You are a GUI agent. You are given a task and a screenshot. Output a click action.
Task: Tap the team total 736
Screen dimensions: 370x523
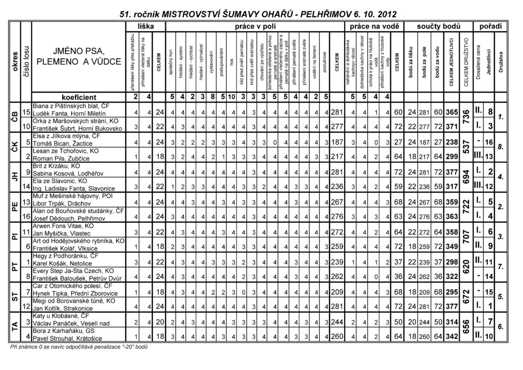[x=466, y=116]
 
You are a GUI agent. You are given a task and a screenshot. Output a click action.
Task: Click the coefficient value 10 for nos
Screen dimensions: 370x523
[x=231, y=96]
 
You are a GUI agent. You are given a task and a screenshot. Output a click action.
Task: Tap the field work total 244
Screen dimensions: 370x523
[x=336, y=322]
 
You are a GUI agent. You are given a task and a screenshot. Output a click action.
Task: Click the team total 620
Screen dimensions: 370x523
[x=466, y=266]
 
